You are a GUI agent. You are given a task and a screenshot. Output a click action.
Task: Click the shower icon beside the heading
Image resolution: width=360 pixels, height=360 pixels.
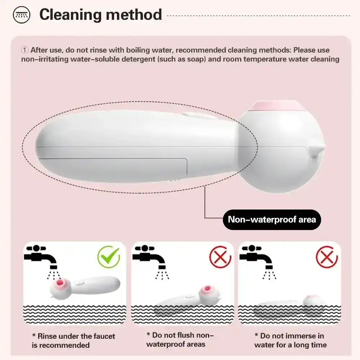(x=21, y=15)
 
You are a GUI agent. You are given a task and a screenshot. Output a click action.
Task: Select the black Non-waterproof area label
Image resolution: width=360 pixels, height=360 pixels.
(x=272, y=219)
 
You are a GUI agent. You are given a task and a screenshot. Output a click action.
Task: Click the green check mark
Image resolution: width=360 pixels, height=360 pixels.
(x=108, y=257)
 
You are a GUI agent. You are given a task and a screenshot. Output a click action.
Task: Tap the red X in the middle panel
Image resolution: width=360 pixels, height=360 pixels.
(x=220, y=257)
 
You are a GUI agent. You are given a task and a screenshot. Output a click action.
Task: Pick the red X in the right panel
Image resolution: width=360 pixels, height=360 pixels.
(x=327, y=257)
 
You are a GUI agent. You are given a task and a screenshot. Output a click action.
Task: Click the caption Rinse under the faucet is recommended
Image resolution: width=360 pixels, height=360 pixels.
(x=73, y=341)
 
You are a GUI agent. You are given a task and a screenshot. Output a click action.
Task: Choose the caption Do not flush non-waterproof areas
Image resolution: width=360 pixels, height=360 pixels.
(x=180, y=339)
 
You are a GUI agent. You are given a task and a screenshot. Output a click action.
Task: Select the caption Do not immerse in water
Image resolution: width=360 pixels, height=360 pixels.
(x=290, y=340)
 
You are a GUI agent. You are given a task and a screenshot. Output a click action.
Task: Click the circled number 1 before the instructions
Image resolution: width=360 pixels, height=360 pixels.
(x=24, y=50)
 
